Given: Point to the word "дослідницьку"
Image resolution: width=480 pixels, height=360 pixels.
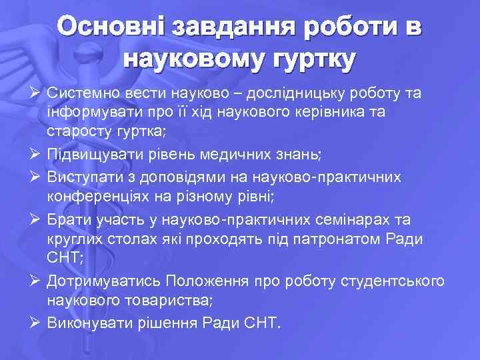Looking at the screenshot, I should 293,93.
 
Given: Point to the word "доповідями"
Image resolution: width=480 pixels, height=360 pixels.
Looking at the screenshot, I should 184,176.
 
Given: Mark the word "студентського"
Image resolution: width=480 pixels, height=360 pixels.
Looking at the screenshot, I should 396,281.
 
